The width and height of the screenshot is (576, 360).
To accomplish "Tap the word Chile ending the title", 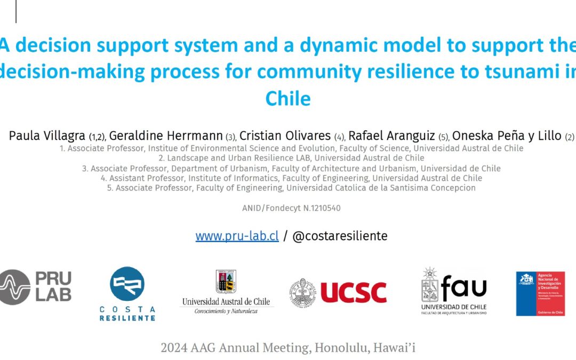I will click(287, 98).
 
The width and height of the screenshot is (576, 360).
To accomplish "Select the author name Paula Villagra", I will click(47, 136).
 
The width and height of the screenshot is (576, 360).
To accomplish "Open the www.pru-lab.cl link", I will click(237, 236).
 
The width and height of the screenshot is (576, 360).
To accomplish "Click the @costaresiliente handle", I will click(340, 236).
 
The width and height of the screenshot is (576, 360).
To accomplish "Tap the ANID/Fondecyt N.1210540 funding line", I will click(291, 208).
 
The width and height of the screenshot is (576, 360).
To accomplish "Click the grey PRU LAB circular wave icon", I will click(14, 287).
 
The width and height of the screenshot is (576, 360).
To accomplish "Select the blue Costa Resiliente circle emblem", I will click(127, 284).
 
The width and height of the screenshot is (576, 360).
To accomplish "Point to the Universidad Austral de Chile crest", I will click(226, 282).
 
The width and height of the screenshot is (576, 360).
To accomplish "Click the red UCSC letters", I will click(353, 292).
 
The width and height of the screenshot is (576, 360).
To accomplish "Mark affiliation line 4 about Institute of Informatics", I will click(291, 178).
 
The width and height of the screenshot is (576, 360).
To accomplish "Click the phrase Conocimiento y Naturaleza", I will click(226, 311).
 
